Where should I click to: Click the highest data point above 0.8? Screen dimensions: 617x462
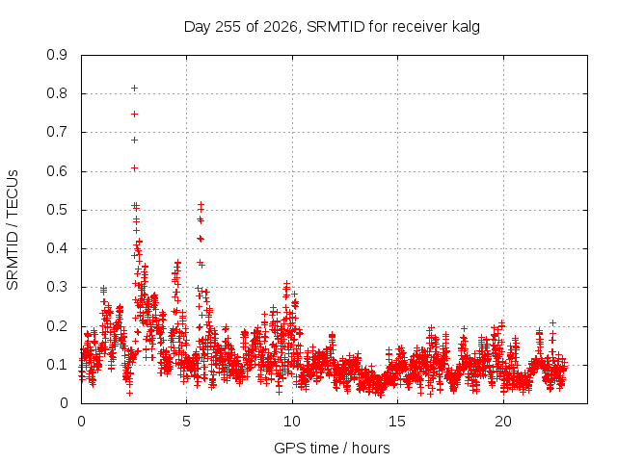click(134, 88)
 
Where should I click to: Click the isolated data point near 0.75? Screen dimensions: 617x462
click(134, 114)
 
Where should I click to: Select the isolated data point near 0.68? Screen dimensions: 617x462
click(134, 140)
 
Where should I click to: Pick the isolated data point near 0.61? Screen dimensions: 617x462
click(134, 168)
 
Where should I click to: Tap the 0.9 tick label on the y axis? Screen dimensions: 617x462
click(57, 55)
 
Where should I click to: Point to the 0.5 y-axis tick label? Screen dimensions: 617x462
click(57, 210)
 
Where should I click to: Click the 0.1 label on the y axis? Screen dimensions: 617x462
click(57, 365)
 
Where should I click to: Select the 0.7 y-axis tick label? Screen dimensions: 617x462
click(57, 132)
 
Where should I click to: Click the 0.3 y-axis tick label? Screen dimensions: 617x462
click(57, 287)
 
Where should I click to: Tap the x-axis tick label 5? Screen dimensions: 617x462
click(186, 422)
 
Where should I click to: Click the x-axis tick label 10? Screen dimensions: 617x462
click(292, 422)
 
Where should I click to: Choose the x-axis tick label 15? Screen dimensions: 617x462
click(397, 422)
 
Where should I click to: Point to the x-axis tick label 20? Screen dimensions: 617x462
click(503, 422)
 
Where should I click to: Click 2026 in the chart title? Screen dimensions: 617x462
click(281, 27)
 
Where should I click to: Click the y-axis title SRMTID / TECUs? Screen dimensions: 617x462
click(13, 230)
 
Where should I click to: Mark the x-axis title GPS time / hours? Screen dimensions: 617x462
click(332, 448)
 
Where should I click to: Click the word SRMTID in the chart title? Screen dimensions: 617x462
click(335, 27)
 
